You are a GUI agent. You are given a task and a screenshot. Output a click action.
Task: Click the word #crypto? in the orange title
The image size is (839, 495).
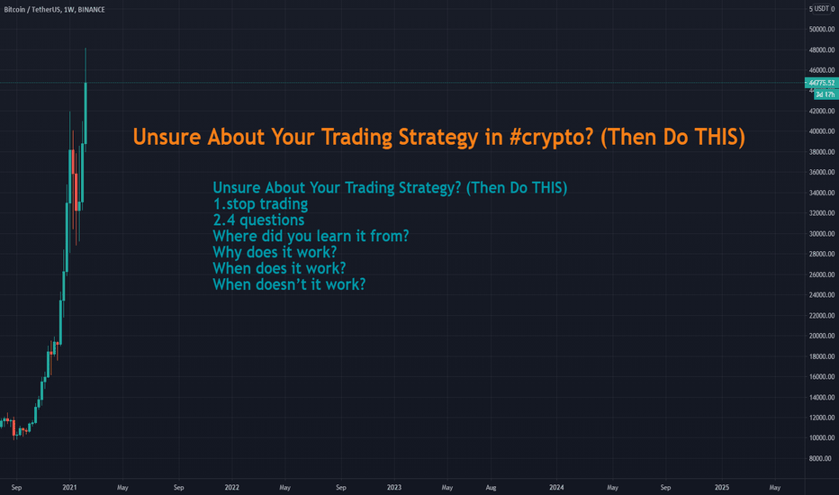click(551, 138)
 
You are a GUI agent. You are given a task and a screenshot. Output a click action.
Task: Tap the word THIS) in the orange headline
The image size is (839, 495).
click(719, 138)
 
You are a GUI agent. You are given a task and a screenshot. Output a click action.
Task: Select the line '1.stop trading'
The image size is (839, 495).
click(260, 204)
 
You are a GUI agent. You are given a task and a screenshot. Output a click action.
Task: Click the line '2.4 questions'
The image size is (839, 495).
click(258, 220)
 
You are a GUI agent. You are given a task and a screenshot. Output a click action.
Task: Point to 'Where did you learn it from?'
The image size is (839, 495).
click(311, 236)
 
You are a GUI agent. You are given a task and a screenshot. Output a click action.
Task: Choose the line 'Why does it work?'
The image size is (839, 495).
click(275, 252)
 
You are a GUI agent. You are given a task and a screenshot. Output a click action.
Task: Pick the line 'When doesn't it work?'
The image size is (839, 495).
click(290, 284)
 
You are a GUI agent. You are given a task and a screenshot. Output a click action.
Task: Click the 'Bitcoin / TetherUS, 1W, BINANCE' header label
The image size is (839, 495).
click(55, 10)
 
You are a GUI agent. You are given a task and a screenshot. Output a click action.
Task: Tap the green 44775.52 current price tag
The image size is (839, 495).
click(821, 83)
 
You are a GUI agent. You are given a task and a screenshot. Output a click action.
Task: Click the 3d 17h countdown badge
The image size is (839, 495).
click(825, 94)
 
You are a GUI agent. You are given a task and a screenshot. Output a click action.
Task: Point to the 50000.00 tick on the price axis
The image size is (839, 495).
click(822, 30)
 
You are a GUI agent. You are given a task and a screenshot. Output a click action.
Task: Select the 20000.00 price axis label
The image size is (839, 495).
click(822, 336)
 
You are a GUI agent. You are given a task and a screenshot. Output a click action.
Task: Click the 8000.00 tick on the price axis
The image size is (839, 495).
click(824, 459)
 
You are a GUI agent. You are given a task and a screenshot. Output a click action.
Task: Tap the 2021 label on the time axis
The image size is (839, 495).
click(69, 488)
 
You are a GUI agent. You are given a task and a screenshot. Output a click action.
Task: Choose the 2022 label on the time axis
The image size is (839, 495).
click(231, 488)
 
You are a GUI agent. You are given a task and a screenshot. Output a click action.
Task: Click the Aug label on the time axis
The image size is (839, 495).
click(491, 488)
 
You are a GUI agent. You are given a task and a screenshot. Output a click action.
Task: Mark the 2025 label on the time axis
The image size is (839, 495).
click(722, 488)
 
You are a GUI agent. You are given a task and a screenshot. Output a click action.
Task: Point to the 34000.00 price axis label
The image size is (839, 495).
click(822, 193)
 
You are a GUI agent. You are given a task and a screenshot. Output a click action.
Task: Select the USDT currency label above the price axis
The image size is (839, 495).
click(823, 9)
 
